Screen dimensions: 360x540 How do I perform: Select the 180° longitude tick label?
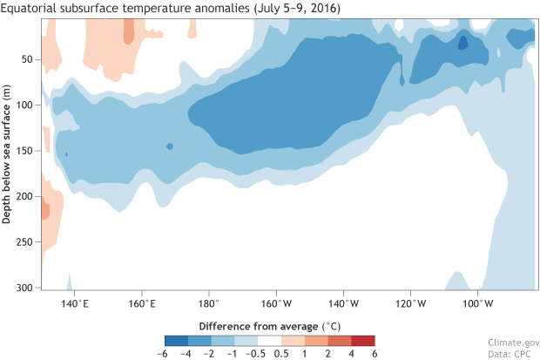[x=208, y=303]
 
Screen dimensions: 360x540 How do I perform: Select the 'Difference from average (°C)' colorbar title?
[x=270, y=324]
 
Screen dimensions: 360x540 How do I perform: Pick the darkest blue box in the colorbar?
[x=175, y=340]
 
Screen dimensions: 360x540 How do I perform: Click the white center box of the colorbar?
[x=270, y=340]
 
